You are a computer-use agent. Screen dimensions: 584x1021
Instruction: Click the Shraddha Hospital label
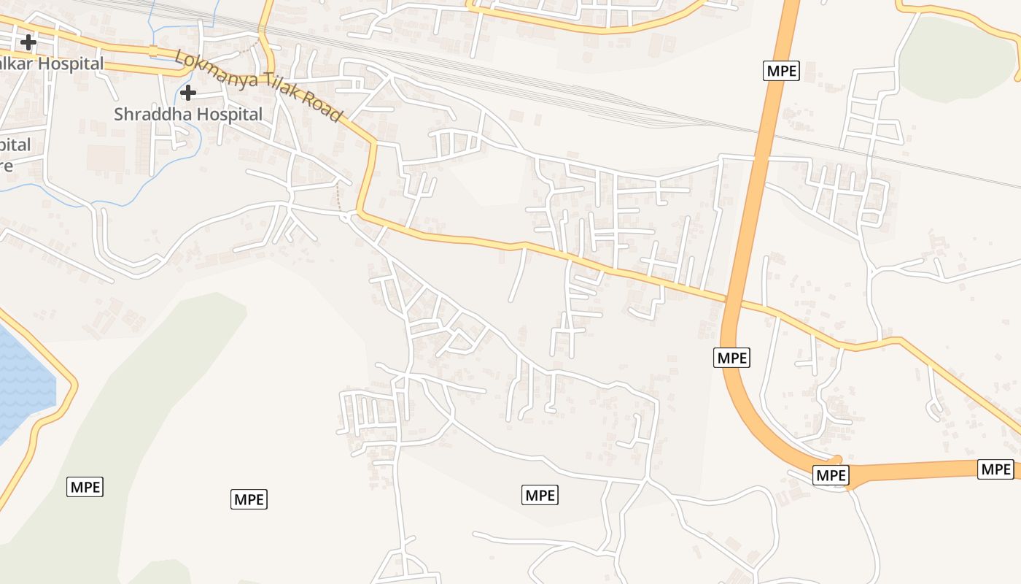tap(188, 114)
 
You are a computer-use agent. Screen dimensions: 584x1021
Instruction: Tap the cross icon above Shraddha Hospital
tap(188, 93)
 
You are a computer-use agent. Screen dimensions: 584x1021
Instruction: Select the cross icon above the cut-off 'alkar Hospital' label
tap(28, 42)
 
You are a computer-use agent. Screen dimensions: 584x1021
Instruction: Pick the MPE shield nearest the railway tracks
tap(782, 71)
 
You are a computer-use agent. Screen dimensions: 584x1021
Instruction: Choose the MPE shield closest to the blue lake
tap(85, 487)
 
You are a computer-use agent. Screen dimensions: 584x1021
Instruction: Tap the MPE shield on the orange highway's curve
tap(732, 358)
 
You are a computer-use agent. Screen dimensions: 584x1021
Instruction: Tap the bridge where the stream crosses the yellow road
tap(153, 50)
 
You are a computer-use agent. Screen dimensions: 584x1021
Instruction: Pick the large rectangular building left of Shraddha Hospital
tap(106, 158)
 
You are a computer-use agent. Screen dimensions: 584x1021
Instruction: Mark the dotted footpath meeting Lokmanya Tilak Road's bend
tap(339, 197)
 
